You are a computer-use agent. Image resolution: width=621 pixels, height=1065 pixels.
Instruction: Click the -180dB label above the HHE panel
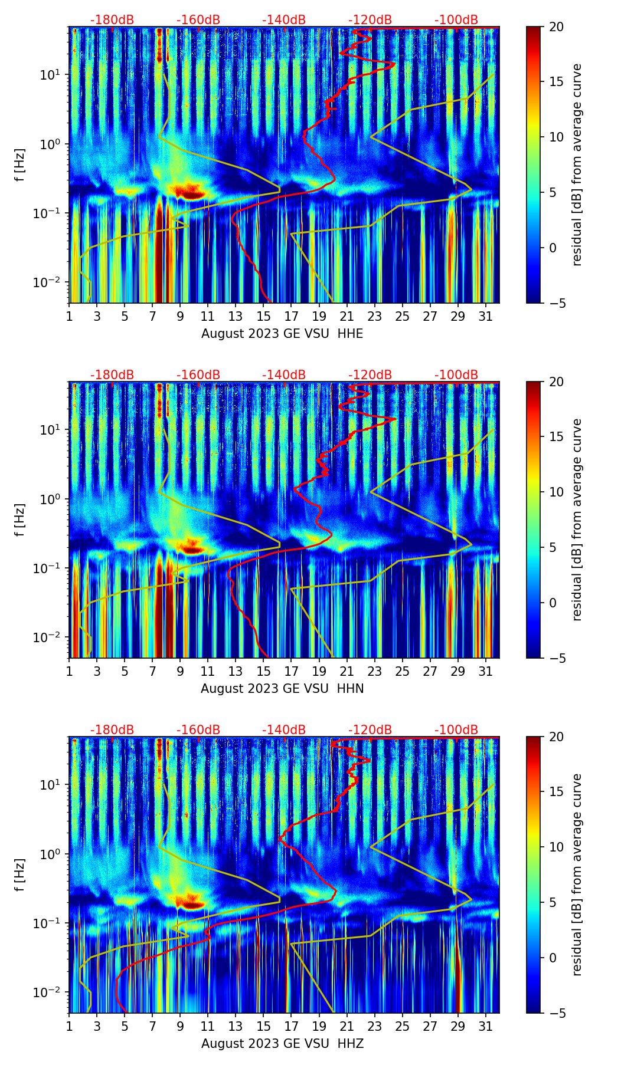112,20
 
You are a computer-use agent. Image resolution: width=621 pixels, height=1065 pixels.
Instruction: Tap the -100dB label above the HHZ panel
456,730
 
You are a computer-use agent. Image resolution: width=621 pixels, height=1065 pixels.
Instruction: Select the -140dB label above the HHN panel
284,375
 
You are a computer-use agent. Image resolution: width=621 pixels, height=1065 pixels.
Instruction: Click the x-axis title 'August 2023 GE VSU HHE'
282,334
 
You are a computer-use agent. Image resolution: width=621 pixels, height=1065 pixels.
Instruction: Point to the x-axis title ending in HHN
282,689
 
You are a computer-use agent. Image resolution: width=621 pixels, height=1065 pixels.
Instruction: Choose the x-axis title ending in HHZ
282,1044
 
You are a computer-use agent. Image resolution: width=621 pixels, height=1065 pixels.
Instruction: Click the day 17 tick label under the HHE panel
292,316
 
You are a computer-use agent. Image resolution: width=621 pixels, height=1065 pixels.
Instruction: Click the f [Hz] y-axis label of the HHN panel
21,520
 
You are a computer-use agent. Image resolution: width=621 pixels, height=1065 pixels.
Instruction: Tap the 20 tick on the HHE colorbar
556,27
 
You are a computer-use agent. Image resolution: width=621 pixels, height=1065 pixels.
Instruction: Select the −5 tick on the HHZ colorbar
556,1013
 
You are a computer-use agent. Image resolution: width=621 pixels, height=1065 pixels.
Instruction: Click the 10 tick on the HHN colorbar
556,492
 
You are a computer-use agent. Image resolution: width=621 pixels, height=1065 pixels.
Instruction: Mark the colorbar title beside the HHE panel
577,165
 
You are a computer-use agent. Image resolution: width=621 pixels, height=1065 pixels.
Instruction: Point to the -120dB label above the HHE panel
370,20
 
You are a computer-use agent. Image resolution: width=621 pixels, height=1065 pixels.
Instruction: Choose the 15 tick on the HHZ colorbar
556,792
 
